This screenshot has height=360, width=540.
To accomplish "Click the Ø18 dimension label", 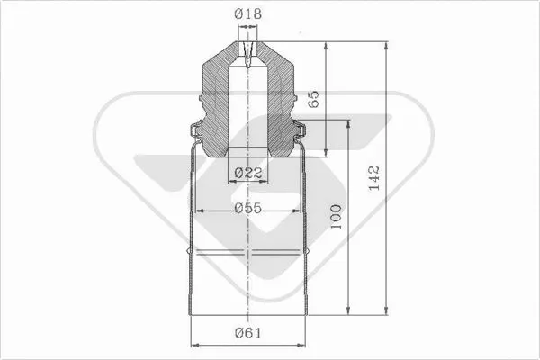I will click(x=248, y=14).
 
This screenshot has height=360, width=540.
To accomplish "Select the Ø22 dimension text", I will click(x=248, y=172).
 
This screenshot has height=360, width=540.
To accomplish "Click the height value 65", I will click(x=314, y=99).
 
